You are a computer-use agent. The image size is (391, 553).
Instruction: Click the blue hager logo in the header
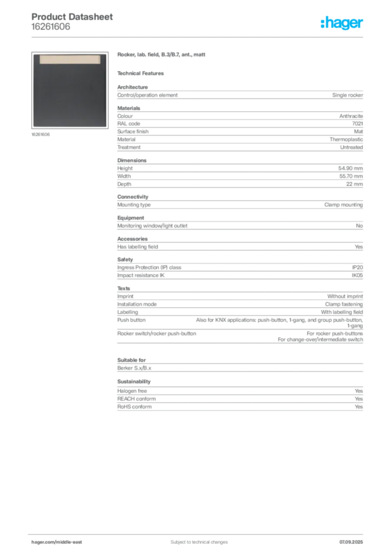click(343, 23)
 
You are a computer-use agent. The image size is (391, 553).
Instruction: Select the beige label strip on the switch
click(69, 58)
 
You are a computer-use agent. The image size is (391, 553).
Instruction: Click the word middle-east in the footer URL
click(70, 542)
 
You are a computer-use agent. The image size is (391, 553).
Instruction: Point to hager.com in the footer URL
click(43, 542)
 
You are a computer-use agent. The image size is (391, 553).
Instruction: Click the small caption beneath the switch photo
click(41, 134)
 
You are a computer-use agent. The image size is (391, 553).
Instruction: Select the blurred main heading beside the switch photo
click(162, 56)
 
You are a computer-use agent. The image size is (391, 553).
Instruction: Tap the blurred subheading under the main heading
click(143, 73)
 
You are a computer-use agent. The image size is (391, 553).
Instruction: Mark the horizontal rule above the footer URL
click(198, 534)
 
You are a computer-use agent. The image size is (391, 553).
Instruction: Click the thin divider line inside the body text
click(239, 343)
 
